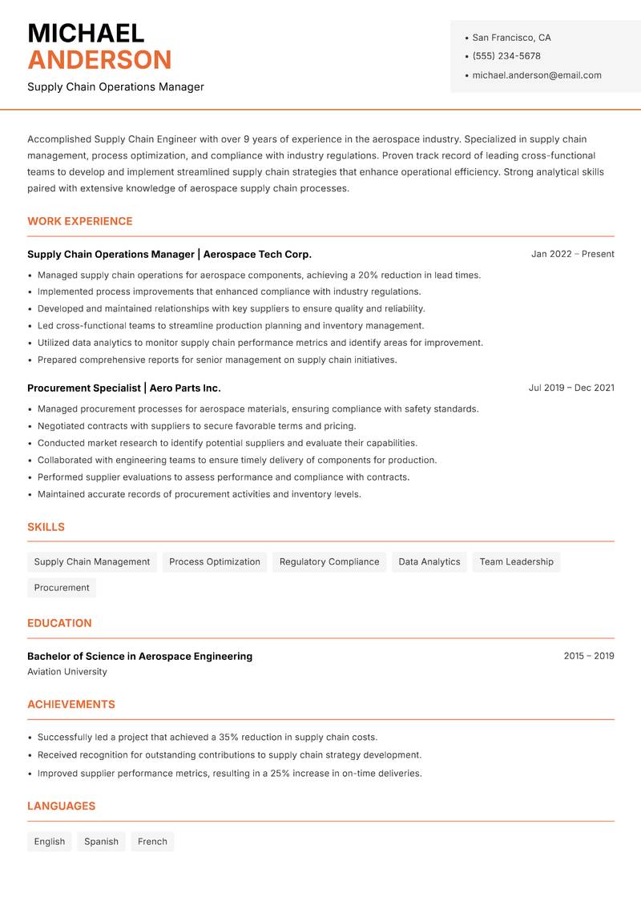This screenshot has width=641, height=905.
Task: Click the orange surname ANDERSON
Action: click(99, 60)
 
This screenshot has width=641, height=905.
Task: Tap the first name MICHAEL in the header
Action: click(86, 33)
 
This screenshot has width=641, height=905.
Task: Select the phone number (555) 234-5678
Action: click(506, 56)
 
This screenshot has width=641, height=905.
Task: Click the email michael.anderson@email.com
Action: click(536, 75)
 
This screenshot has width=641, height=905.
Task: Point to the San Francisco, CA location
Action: click(511, 38)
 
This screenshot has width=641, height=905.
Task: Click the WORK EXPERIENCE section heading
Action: click(80, 221)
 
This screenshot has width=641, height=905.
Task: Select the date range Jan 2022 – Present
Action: click(572, 254)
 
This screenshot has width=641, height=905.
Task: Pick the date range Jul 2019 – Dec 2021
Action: click(571, 388)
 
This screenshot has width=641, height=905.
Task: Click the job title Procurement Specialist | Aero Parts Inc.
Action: click(124, 388)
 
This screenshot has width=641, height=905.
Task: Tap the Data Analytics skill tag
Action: click(429, 561)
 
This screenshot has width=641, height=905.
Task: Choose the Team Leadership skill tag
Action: click(516, 561)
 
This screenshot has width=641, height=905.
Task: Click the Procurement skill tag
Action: click(62, 587)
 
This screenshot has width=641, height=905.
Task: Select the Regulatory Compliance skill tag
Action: click(329, 561)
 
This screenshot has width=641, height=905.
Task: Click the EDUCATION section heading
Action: click(59, 623)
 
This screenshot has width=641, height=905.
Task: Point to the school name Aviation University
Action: click(67, 672)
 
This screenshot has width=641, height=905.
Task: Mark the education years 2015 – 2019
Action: click(588, 656)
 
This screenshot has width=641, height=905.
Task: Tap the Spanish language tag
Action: click(101, 841)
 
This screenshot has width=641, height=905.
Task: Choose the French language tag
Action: click(152, 841)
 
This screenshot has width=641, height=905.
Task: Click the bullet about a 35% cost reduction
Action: click(208, 737)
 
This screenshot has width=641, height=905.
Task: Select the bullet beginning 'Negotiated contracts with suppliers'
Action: click(196, 426)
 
